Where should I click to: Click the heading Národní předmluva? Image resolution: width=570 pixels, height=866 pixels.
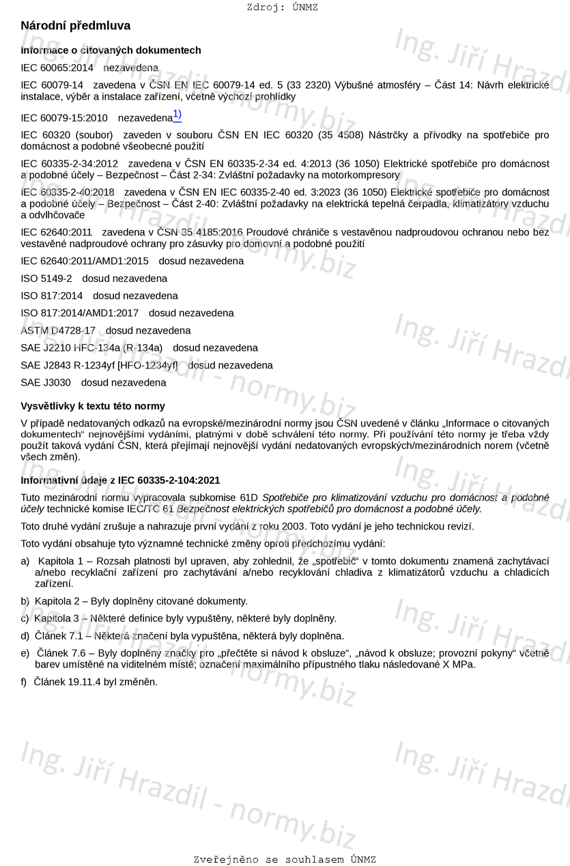point(75,26)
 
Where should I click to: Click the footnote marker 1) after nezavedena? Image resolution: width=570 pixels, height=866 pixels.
point(177,115)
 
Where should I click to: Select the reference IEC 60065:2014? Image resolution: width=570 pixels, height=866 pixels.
point(57,68)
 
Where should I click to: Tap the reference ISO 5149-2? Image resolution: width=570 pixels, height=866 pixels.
point(46,278)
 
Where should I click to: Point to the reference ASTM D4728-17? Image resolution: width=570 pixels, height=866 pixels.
point(58,330)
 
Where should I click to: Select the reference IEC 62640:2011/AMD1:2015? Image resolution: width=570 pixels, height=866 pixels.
point(85,261)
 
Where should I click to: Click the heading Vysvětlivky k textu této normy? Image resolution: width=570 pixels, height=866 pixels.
point(93,406)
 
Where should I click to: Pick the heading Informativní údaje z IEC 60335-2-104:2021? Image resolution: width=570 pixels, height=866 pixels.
point(120,480)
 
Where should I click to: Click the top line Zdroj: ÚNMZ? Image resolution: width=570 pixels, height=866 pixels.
point(282,8)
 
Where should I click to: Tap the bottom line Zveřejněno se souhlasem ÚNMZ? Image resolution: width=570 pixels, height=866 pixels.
point(285,859)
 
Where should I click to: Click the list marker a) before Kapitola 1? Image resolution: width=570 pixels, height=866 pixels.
point(25,560)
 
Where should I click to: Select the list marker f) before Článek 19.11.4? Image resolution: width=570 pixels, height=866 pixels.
point(25,681)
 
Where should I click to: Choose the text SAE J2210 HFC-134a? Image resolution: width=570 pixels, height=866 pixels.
point(71,347)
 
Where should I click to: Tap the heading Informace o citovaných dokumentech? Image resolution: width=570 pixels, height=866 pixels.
point(111,50)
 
